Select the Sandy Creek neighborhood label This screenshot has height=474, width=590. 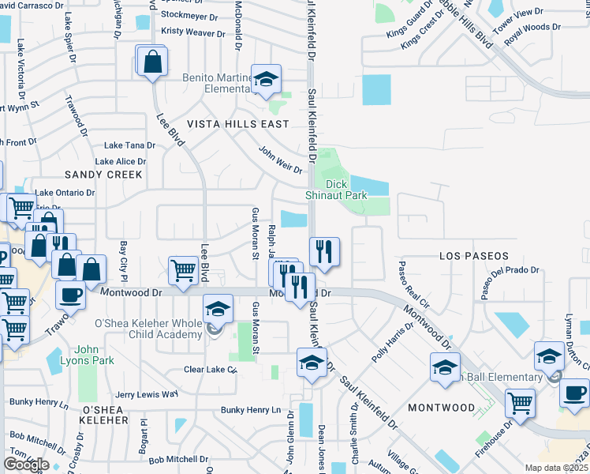[103, 174]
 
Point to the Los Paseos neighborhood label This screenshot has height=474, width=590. [474, 256]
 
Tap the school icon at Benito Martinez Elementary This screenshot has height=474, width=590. [267, 79]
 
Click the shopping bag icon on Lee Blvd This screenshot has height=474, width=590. [153, 60]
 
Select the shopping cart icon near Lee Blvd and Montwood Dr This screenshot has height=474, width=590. [184, 270]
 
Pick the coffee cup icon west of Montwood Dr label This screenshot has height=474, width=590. [70, 295]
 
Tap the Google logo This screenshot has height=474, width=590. [26, 464]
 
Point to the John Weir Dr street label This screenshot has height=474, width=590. [281, 159]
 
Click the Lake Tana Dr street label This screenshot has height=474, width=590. [129, 145]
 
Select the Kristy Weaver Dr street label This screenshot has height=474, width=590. [193, 32]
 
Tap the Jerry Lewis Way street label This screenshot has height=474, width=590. [146, 393]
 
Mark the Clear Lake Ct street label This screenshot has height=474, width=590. [210, 369]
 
